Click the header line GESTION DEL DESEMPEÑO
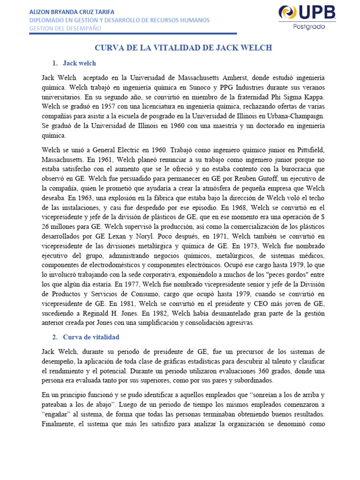tap(65, 28)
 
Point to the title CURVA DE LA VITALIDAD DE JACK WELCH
tap(184, 48)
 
